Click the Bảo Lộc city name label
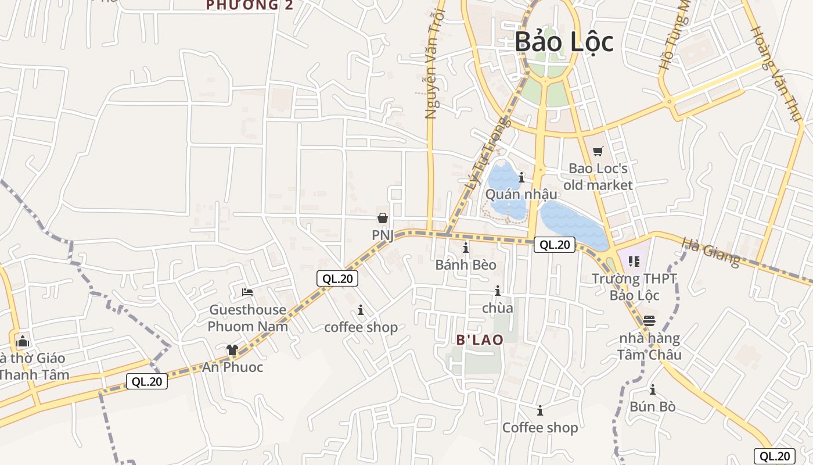(564, 42)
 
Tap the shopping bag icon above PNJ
(383, 218)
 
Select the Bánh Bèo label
(466, 265)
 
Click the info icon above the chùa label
(498, 291)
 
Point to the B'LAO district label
(480, 339)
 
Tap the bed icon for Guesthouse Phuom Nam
(247, 292)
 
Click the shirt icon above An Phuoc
(232, 349)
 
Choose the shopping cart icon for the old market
(598, 152)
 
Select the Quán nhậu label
(521, 194)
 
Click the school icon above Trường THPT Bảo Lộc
(634, 262)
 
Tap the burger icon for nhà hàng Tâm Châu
(649, 321)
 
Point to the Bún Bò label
(653, 406)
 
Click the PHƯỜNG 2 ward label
(250, 6)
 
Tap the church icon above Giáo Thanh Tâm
(23, 341)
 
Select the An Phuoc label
(232, 367)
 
